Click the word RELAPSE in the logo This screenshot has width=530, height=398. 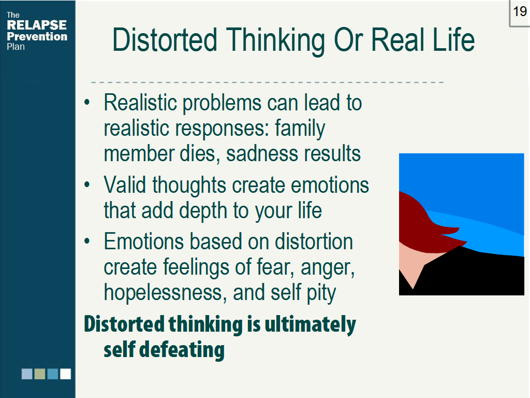37,25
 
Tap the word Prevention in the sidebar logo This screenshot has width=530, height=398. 37,37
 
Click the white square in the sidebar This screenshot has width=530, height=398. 65,374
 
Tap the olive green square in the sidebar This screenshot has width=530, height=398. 40,374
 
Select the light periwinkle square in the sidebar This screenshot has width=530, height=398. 27,374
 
